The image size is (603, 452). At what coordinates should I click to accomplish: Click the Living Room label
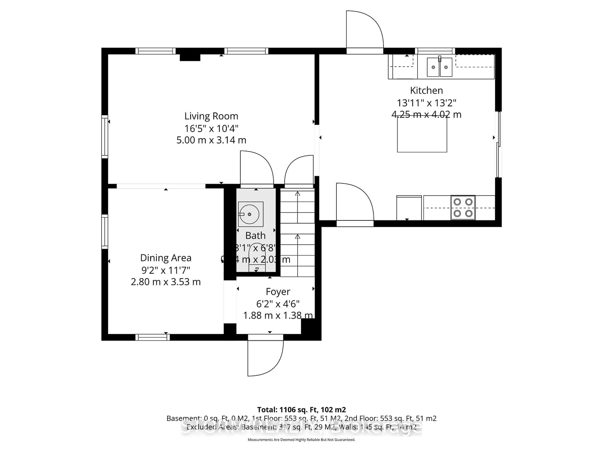211,116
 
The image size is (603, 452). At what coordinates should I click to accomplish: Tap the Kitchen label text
426,90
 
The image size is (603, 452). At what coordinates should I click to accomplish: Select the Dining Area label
166,258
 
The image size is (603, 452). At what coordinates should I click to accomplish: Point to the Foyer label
278,292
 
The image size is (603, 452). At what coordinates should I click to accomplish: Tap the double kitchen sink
439,67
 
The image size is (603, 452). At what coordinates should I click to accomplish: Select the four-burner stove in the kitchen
463,208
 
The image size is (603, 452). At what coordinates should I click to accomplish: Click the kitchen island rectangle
422,135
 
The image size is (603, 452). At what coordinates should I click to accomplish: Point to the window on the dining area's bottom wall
153,337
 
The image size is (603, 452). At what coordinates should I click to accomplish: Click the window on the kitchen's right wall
499,144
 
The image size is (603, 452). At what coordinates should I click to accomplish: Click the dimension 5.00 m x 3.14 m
211,140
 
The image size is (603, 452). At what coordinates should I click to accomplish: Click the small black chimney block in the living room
190,57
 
